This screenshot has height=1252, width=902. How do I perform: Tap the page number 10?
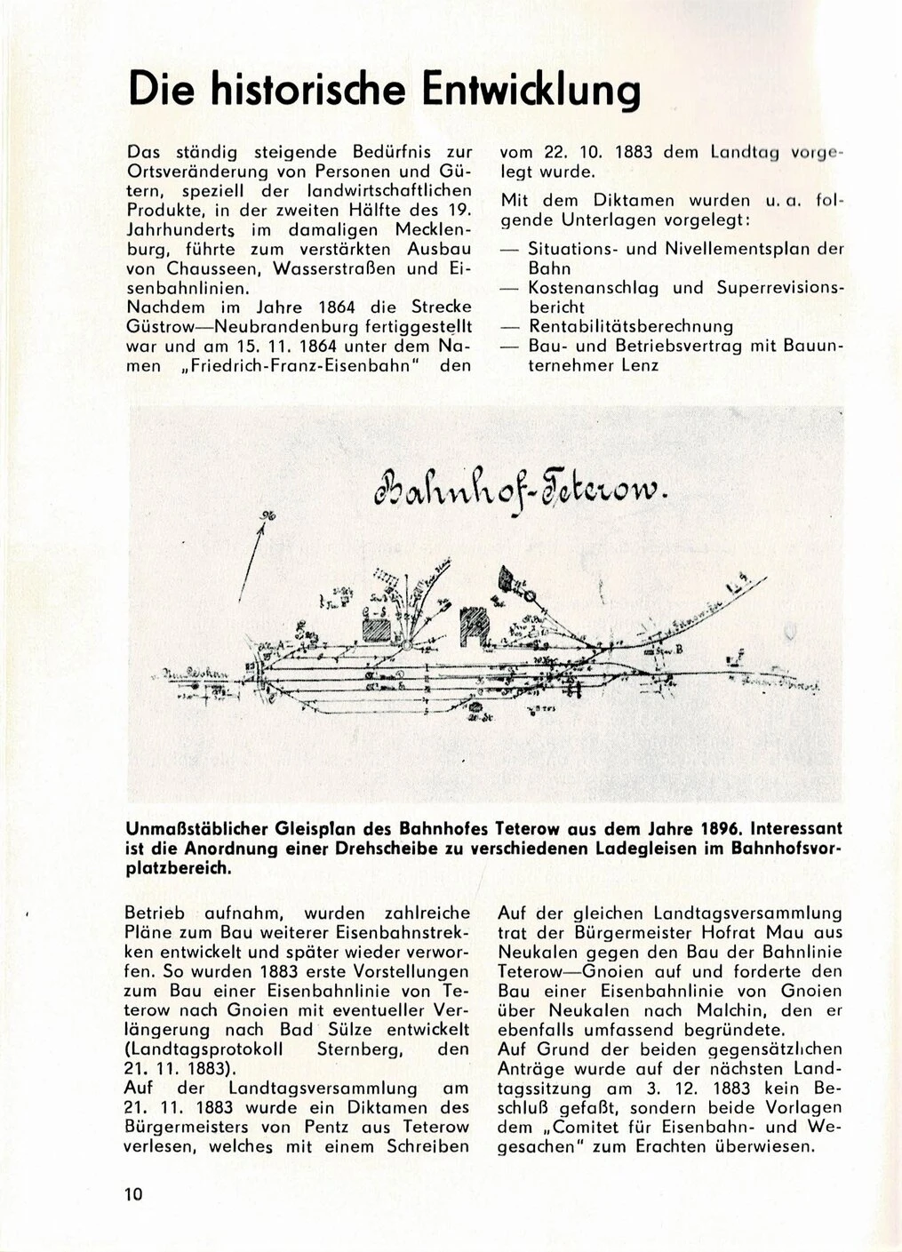(134, 1193)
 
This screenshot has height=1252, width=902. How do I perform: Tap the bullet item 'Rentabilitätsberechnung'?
(630, 326)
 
